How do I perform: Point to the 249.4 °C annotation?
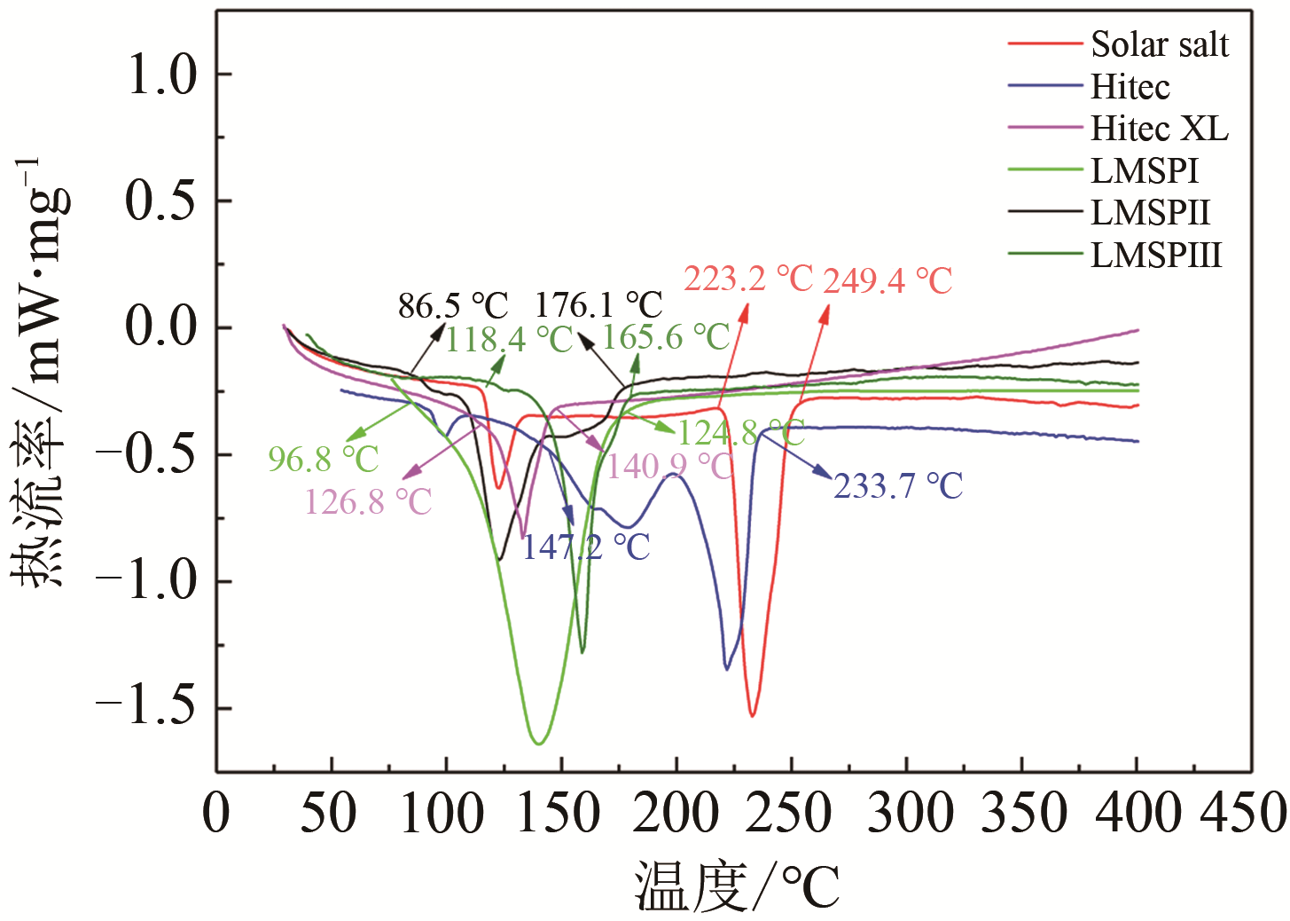[887, 281]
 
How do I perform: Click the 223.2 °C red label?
[748, 279]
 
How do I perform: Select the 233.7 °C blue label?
[898, 486]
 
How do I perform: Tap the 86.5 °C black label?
[453, 306]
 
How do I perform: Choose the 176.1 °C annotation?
[598, 305]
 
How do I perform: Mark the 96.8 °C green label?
[324, 460]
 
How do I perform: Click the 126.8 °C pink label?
[368, 502]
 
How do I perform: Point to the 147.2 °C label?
[585, 547]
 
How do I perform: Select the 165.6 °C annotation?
[666, 337]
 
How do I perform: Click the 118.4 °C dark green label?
[510, 339]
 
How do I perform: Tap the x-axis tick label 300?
[906, 813]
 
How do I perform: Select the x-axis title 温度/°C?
[737, 886]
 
